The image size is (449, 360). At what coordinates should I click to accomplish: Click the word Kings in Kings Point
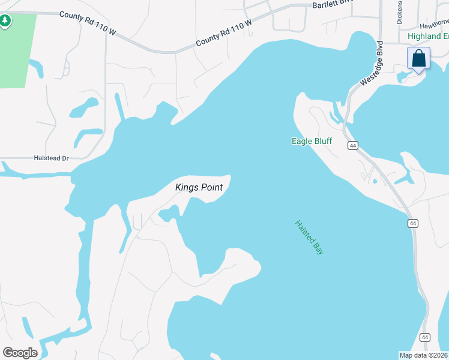pyautogui.click(x=186, y=188)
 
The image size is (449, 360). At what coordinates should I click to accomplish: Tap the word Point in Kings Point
pyautogui.click(x=211, y=188)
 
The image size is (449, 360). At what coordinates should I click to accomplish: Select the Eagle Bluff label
pyautogui.click(x=312, y=142)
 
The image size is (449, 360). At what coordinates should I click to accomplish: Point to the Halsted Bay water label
pyautogui.click(x=309, y=238)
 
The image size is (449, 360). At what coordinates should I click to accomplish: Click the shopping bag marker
pyautogui.click(x=419, y=59)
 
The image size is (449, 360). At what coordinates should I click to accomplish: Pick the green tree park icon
pyautogui.click(x=5, y=22)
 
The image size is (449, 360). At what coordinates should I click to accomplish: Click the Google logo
pyautogui.click(x=20, y=353)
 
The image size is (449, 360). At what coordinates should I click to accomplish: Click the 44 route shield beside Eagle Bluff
pyautogui.click(x=352, y=146)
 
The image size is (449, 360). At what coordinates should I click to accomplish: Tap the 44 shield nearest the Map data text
pyautogui.click(x=425, y=337)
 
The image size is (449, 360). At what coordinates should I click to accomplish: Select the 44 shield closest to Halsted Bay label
pyautogui.click(x=413, y=223)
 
